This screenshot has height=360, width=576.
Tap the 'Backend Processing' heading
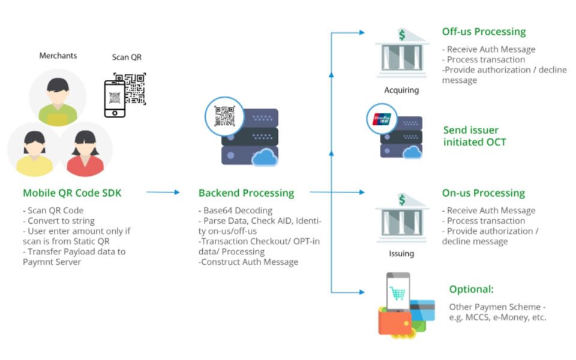246,193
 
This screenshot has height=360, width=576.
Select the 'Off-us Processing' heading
484,32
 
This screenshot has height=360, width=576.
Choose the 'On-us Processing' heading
483,193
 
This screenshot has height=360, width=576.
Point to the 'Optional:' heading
471,289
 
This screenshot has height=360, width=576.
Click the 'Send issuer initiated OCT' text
474,136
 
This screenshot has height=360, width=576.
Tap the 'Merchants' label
58,56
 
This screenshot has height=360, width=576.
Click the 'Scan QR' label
127,58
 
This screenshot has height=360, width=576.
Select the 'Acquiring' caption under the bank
401,91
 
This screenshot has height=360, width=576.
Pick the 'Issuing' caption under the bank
401,253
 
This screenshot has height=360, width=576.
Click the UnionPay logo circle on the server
382,118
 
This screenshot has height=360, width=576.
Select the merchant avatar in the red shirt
86,150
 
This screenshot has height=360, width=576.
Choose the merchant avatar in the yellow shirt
32,150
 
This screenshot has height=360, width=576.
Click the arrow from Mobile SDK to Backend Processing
163,193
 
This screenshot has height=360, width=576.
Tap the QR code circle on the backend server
223,115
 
